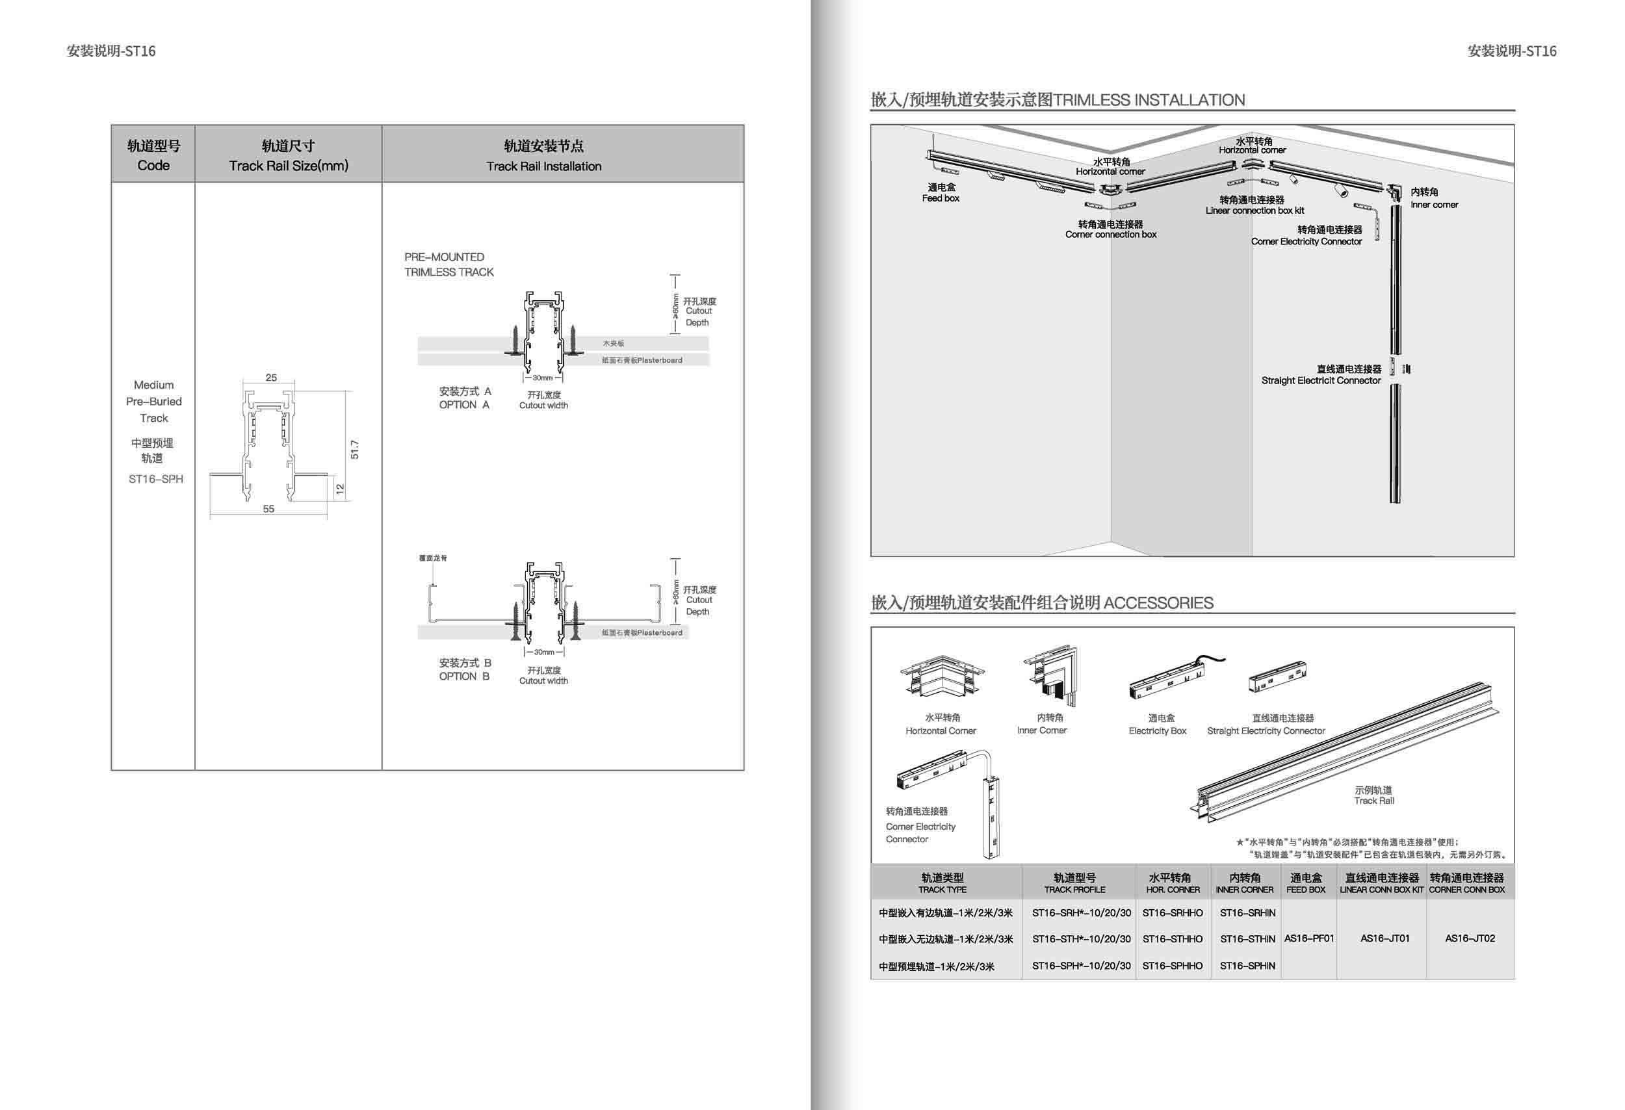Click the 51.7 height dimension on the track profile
[x=354, y=450]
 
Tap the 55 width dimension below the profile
[x=268, y=509]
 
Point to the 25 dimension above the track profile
[x=270, y=378]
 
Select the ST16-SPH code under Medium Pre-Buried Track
[x=155, y=479]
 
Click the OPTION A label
[x=464, y=405]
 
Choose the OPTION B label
[x=464, y=676]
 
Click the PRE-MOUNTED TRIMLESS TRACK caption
[x=448, y=265]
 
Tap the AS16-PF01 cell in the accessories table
[x=1309, y=938]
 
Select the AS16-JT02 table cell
[x=1470, y=938]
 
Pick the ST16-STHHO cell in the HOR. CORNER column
[x=1173, y=938]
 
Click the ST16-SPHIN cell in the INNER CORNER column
[x=1247, y=965]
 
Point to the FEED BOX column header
[x=1305, y=883]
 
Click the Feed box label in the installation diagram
[x=941, y=198]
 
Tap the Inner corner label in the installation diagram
[x=1434, y=204]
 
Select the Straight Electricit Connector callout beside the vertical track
[x=1321, y=380]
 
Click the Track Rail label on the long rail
[x=1373, y=801]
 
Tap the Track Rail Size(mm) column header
[x=288, y=165]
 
